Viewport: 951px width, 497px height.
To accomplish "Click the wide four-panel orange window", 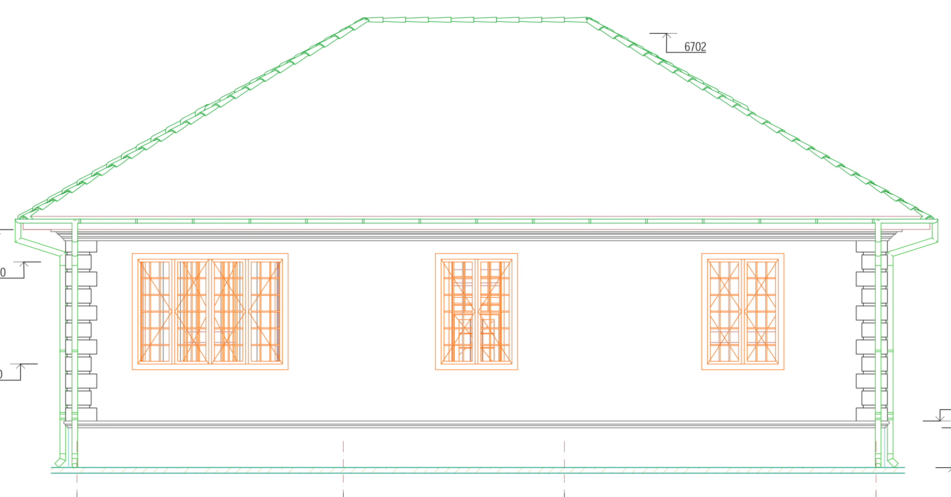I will tap(210, 311).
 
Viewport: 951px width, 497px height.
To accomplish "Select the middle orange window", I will tap(475, 311).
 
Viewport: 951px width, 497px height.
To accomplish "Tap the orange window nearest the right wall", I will tap(741, 311).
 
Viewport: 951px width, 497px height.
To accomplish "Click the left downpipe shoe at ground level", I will tap(58, 463).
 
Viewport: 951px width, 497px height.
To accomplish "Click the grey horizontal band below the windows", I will tap(475, 425).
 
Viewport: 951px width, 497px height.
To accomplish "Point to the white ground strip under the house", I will tap(475, 477).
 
